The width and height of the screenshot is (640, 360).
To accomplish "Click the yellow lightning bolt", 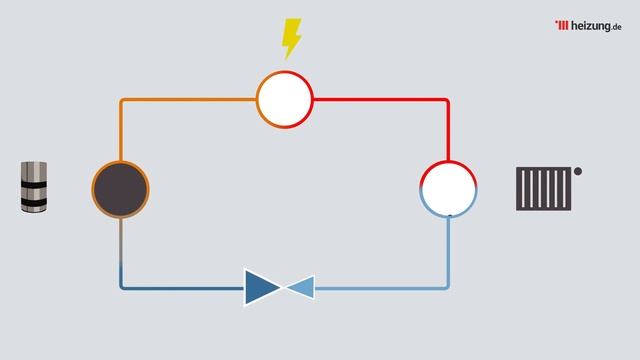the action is pyautogui.click(x=291, y=39).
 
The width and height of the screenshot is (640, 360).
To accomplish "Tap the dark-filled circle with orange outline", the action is pyautogui.click(x=120, y=189).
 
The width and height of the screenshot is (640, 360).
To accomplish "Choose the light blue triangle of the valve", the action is pyautogui.click(x=301, y=287).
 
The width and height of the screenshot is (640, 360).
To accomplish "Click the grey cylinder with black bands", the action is pyautogui.click(x=34, y=187).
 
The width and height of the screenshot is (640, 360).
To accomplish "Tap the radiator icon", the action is pyautogui.click(x=544, y=189).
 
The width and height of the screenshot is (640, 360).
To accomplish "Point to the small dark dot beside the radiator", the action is pyautogui.click(x=578, y=171).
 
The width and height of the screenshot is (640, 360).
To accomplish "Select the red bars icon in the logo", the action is pyautogui.click(x=562, y=25).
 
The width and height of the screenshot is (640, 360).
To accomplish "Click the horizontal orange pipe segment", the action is pyautogui.click(x=189, y=100).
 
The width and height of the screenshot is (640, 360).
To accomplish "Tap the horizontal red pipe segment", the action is pyautogui.click(x=381, y=100).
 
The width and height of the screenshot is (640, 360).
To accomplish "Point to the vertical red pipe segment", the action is pyautogui.click(x=448, y=130).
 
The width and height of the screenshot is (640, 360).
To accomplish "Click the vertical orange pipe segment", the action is pyautogui.click(x=121, y=131).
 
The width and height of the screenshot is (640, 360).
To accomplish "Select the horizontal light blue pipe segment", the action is pyautogui.click(x=382, y=288).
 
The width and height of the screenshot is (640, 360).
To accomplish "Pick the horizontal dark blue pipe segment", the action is pyautogui.click(x=182, y=288).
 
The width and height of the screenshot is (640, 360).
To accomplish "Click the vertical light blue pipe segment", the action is pyautogui.click(x=448, y=252).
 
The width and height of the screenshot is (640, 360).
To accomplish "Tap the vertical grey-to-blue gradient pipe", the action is pyautogui.click(x=121, y=252).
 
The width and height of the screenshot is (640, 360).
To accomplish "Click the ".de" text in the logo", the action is pyautogui.click(x=616, y=27).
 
